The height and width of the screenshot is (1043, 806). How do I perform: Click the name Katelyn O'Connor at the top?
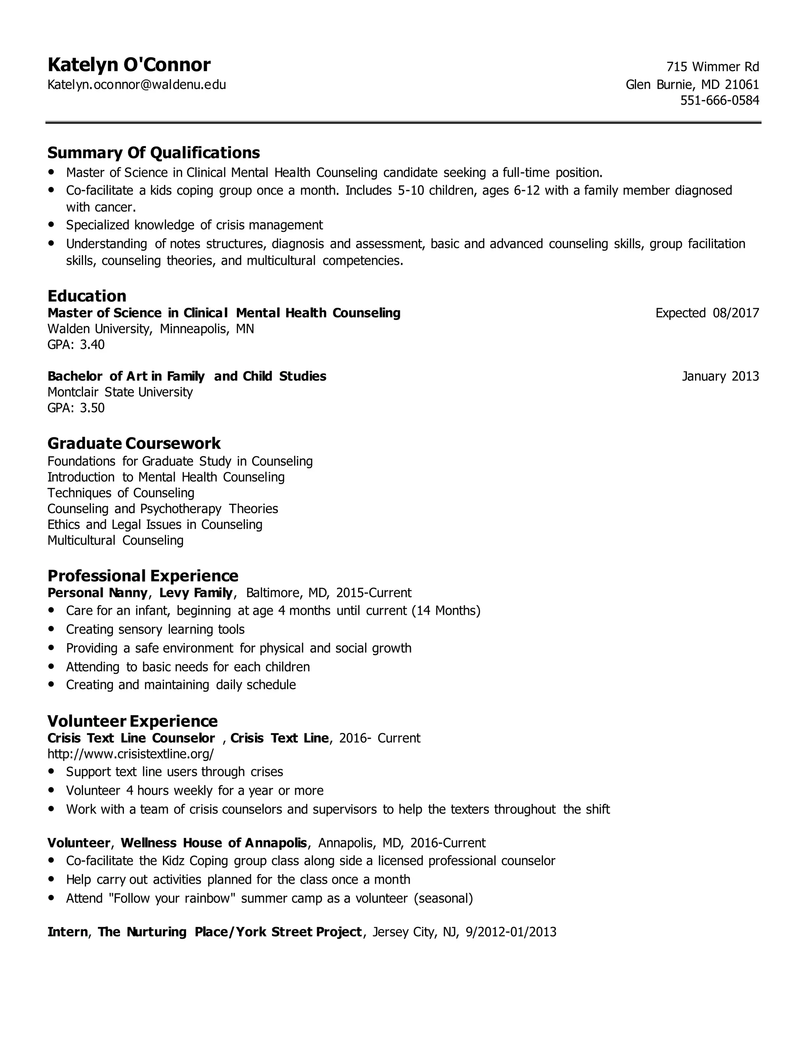point(129,65)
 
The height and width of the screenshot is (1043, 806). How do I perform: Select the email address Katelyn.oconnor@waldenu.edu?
point(137,85)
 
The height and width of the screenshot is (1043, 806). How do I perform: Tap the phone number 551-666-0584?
point(719,100)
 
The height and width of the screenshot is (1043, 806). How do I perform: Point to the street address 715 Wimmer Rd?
point(712,67)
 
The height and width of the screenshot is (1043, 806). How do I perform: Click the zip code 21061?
point(741,85)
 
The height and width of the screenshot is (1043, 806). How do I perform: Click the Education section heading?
point(87,296)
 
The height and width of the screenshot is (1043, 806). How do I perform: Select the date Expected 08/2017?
point(707,313)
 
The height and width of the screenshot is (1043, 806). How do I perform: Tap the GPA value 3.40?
point(92,344)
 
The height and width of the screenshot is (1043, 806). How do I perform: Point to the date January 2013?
point(720,376)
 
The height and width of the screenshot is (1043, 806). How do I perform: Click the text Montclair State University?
point(120,392)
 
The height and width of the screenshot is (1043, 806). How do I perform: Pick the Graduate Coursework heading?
point(134,443)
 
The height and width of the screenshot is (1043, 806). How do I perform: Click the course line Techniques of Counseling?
point(121,492)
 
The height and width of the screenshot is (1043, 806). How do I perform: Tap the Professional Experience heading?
point(143,575)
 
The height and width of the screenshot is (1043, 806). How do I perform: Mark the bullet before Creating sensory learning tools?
point(52,629)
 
